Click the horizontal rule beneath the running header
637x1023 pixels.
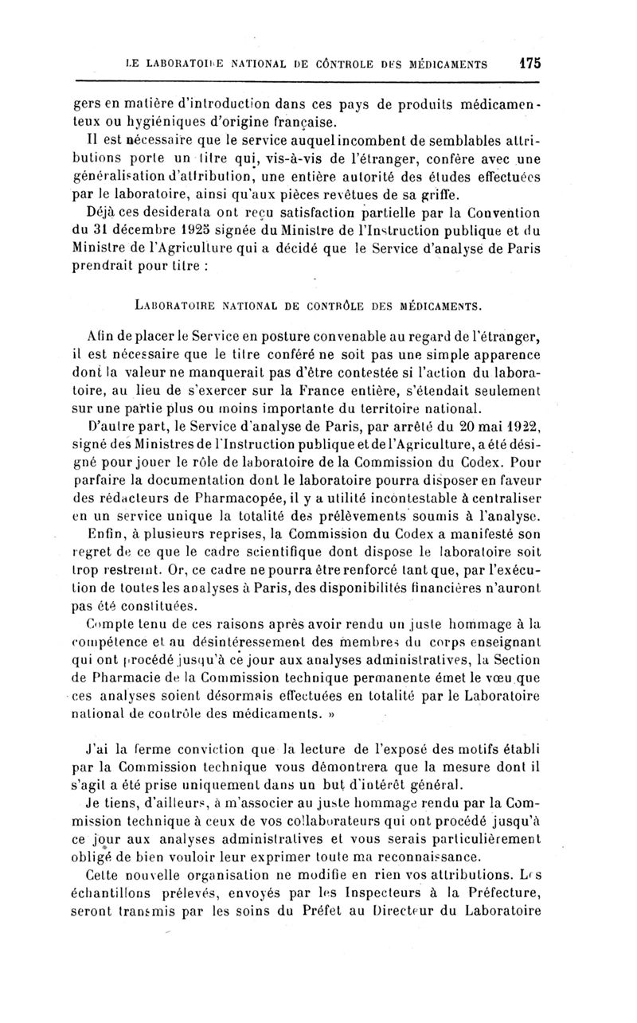click(307, 81)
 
